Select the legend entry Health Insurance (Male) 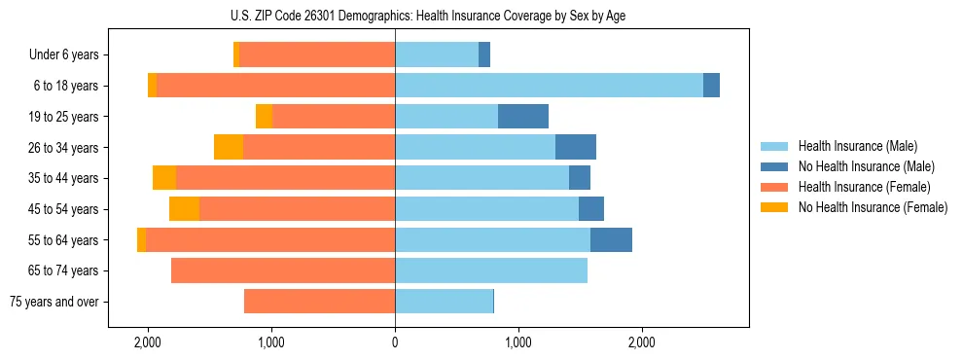tap(852, 146)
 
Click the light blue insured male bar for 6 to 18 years tap(549, 86)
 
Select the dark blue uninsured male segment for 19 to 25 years tap(523, 117)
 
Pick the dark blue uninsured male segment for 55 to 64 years tap(611, 239)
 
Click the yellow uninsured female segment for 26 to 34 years tap(229, 147)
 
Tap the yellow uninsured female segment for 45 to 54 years tap(184, 209)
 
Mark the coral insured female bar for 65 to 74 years tap(283, 270)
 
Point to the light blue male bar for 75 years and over tap(444, 302)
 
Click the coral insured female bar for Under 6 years tap(317, 55)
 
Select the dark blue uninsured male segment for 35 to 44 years tap(580, 178)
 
